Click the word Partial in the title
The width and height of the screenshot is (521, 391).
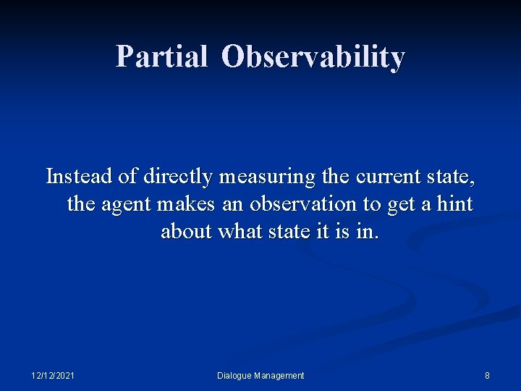tap(161, 56)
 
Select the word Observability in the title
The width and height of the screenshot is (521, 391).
tap(313, 56)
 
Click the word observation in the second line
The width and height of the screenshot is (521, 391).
tap(304, 204)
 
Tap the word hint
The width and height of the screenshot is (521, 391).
tap(455, 204)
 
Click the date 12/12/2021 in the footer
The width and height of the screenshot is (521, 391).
tap(53, 375)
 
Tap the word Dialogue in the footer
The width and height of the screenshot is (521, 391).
tap(234, 375)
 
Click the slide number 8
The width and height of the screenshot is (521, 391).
tap(487, 375)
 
